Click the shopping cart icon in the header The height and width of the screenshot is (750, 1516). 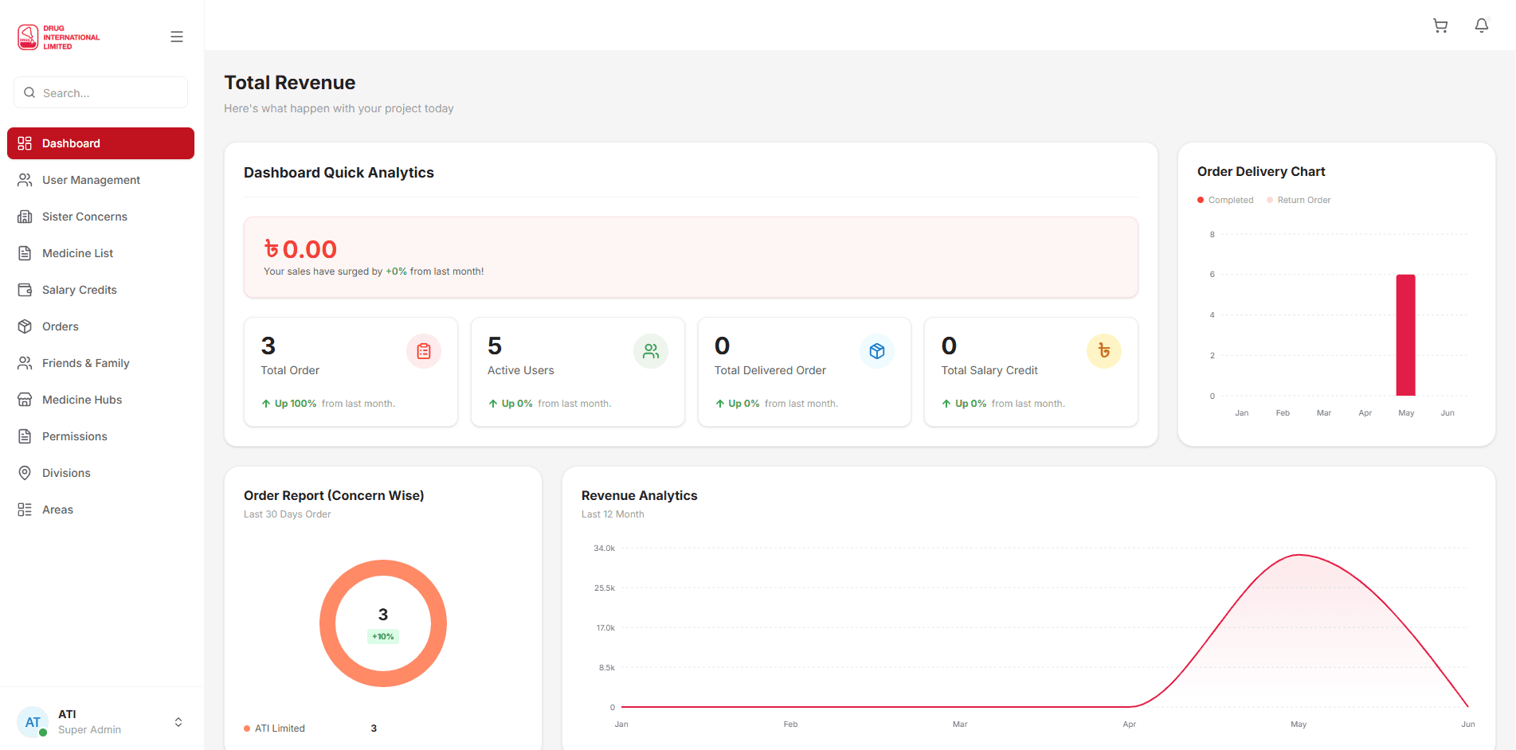click(x=1440, y=25)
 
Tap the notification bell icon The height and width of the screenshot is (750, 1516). click(x=1482, y=25)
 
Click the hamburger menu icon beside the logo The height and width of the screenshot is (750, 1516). click(x=177, y=37)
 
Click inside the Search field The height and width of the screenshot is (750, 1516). click(x=100, y=92)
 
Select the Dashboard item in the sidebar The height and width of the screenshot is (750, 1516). click(x=100, y=143)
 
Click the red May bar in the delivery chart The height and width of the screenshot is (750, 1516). click(x=1406, y=335)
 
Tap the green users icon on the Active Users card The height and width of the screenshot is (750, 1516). click(x=651, y=351)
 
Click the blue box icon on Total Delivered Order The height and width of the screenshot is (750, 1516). click(x=877, y=351)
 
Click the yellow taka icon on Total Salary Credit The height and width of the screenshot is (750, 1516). click(x=1104, y=351)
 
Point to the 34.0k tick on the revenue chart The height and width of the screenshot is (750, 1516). click(x=605, y=549)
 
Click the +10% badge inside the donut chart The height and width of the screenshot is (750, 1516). click(x=383, y=636)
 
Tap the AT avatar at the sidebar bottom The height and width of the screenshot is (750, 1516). click(x=33, y=722)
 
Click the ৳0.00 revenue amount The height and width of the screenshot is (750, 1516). click(x=300, y=249)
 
